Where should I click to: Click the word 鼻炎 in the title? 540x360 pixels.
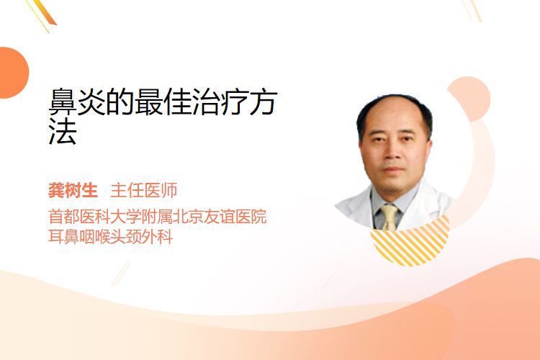click(77, 102)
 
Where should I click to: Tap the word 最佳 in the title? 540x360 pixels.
click(163, 102)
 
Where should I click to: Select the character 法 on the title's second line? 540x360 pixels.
click(63, 131)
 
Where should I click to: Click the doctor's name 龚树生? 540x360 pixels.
click(73, 191)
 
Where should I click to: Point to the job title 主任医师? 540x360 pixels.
click(144, 191)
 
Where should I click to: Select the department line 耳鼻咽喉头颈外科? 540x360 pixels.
click(111, 237)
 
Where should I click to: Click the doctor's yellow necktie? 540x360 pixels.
click(390, 217)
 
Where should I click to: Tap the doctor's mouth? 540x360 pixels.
click(392, 169)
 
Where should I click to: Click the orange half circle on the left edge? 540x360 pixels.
click(13, 73)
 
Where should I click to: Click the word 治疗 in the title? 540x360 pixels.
click(220, 102)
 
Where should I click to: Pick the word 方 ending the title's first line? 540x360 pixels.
click(264, 102)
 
